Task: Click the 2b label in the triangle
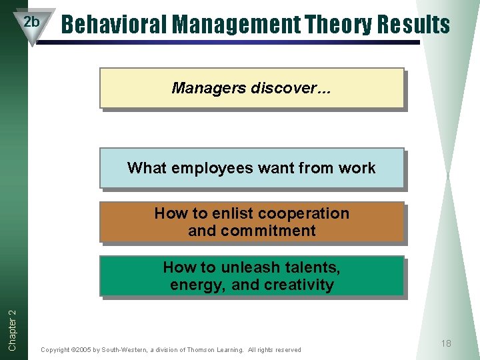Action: pyautogui.click(x=31, y=22)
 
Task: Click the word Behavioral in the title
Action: pyautogui.click(x=115, y=25)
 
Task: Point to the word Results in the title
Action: pyautogui.click(x=414, y=25)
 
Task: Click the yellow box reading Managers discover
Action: pyautogui.click(x=251, y=88)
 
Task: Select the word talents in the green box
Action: pyautogui.click(x=313, y=267)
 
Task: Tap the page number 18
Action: pyautogui.click(x=446, y=343)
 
